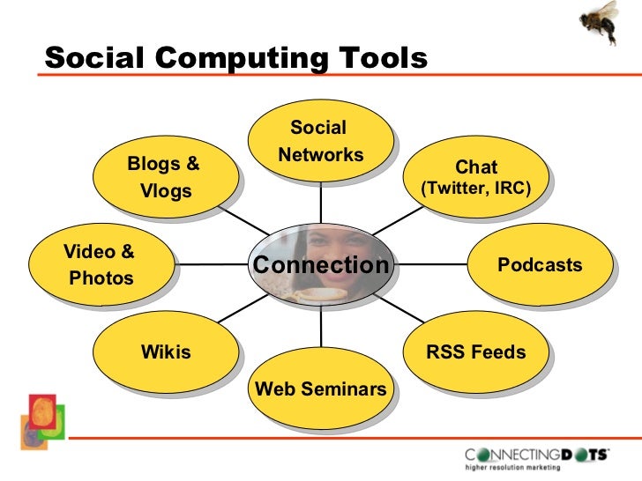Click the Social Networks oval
click(319, 141)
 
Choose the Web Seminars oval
click(320, 388)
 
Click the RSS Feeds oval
click(476, 353)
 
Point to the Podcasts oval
click(540, 265)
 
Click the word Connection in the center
click(320, 265)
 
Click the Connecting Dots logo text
click(538, 455)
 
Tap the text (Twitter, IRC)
click(476, 188)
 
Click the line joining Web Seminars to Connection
click(320, 326)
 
